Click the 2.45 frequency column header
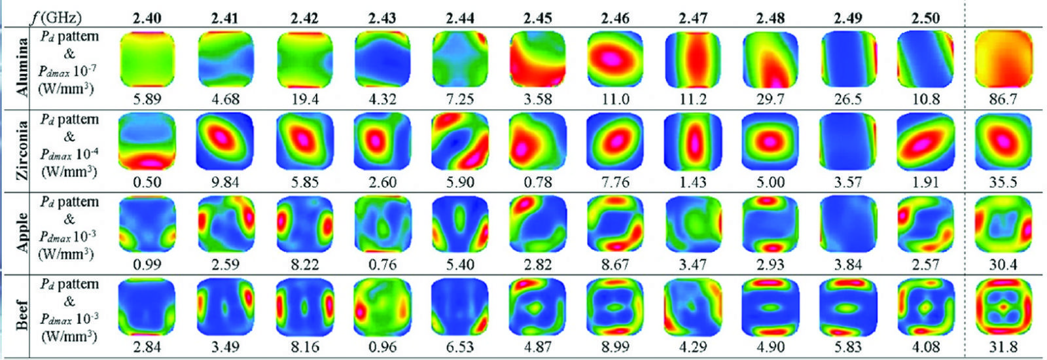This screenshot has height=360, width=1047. (537, 18)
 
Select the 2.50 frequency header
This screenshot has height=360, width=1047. (925, 18)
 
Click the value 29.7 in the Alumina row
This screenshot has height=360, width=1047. (770, 99)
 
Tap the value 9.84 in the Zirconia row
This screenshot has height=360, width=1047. (225, 182)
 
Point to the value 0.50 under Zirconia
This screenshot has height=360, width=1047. (147, 182)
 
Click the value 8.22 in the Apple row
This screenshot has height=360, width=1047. (304, 264)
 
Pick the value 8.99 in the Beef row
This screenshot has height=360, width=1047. (615, 347)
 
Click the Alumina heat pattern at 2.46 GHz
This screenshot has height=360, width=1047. (615, 59)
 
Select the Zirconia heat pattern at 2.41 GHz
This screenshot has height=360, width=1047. (225, 141)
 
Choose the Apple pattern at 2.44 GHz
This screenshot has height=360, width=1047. (460, 224)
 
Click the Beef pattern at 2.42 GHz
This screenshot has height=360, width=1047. (304, 307)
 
